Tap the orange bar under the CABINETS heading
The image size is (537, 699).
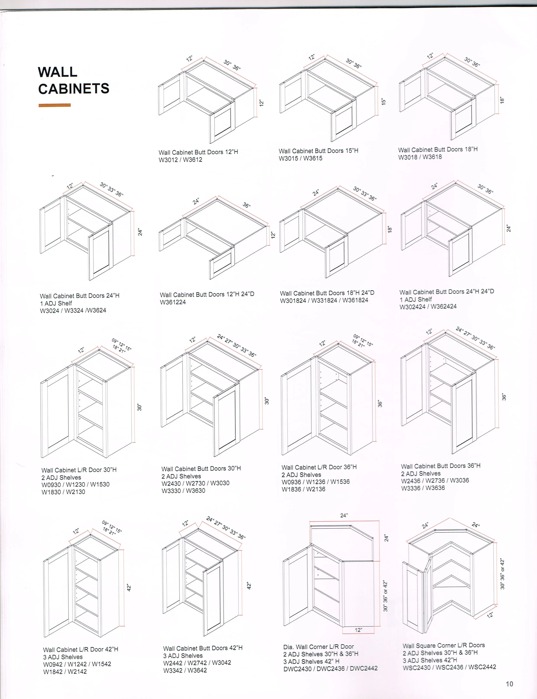[x=55, y=105]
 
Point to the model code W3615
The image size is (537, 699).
[x=313, y=158]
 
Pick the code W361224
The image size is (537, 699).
[x=173, y=302]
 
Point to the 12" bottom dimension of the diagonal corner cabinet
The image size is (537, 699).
[x=358, y=630]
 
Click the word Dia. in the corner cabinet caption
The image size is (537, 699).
[x=289, y=647]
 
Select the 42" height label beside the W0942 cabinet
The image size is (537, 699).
[x=129, y=588]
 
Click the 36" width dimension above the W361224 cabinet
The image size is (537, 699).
[x=247, y=205]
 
